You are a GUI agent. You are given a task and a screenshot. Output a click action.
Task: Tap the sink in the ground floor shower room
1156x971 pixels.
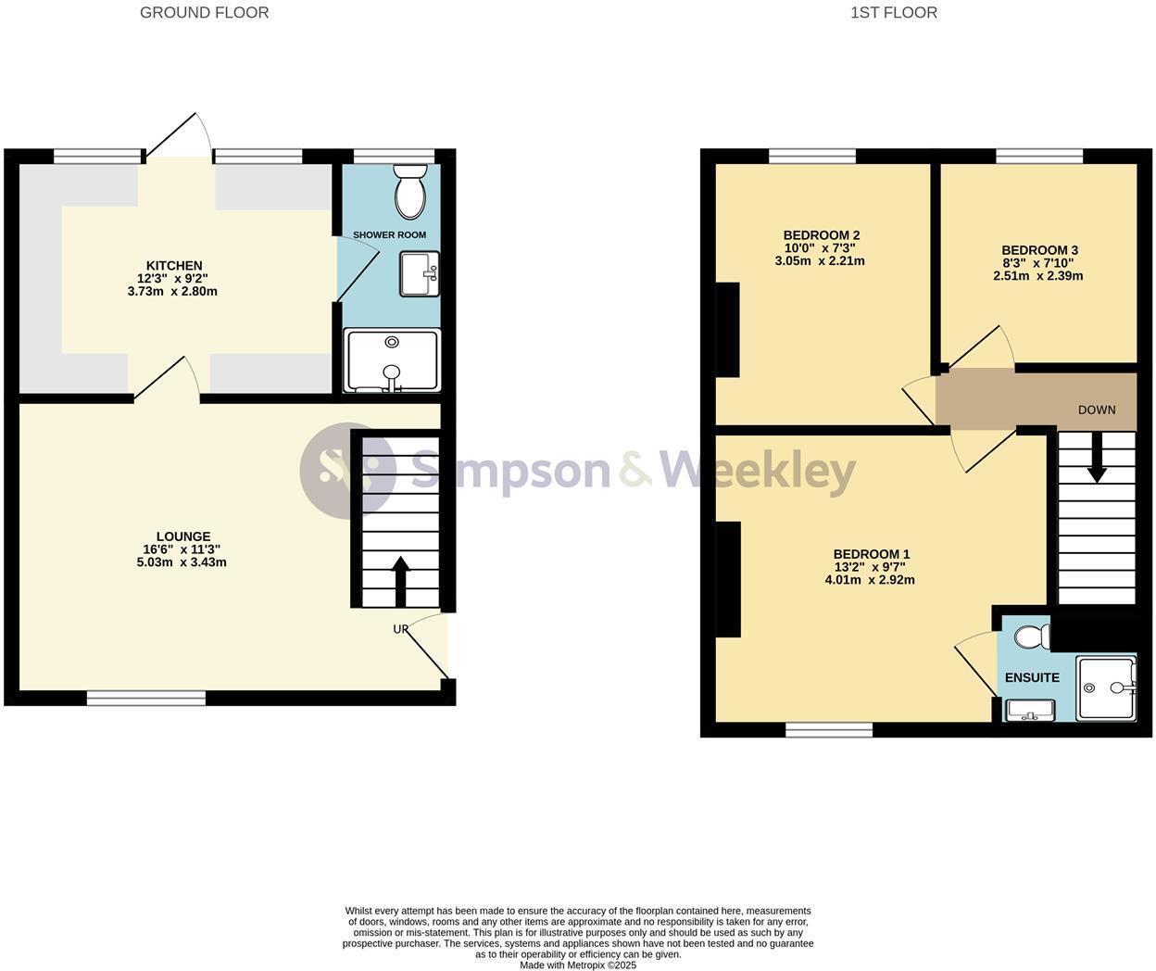tap(420, 274)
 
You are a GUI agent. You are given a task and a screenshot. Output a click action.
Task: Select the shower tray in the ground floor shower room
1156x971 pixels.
tap(392, 360)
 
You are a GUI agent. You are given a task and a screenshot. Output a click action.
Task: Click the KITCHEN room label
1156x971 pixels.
tap(174, 266)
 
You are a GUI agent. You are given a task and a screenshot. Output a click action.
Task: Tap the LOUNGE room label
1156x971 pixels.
tap(183, 536)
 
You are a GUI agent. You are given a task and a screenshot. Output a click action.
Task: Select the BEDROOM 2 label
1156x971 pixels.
tap(821, 235)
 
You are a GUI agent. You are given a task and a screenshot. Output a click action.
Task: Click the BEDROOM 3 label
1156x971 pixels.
tap(1039, 250)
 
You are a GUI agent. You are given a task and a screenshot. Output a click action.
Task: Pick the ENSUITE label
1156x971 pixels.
tap(1032, 677)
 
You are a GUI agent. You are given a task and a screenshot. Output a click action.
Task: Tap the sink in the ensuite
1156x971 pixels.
tap(1028, 711)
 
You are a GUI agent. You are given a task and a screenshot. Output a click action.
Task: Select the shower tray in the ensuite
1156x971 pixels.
tap(1106, 688)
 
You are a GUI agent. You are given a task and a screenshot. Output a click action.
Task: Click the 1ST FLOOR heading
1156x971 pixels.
tap(893, 13)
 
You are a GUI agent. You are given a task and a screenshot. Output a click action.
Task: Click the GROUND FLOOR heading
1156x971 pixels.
tap(204, 13)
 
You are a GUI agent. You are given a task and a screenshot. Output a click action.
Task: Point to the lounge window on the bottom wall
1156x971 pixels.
tap(146, 698)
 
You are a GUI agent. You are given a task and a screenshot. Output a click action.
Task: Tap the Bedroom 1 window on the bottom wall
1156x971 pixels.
tap(829, 730)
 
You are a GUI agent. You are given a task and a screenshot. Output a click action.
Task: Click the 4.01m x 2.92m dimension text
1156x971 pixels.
tap(869, 580)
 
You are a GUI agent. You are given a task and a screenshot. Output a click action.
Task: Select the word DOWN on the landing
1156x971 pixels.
tap(1097, 410)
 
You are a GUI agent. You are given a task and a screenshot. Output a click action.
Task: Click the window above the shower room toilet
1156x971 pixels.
tap(395, 156)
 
